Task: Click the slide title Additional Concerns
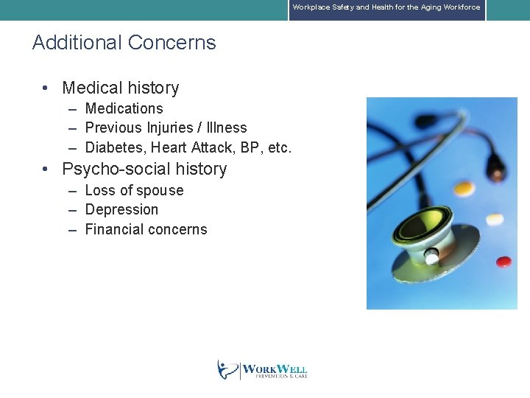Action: point(124,43)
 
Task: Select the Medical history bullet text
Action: point(120,88)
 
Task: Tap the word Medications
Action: point(124,108)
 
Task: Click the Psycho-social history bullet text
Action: point(144,169)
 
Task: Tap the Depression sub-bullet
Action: point(121,210)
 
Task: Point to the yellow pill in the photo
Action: point(464,190)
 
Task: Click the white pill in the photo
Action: point(495,219)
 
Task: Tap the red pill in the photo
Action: point(504,261)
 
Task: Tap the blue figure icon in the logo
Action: point(227,369)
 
